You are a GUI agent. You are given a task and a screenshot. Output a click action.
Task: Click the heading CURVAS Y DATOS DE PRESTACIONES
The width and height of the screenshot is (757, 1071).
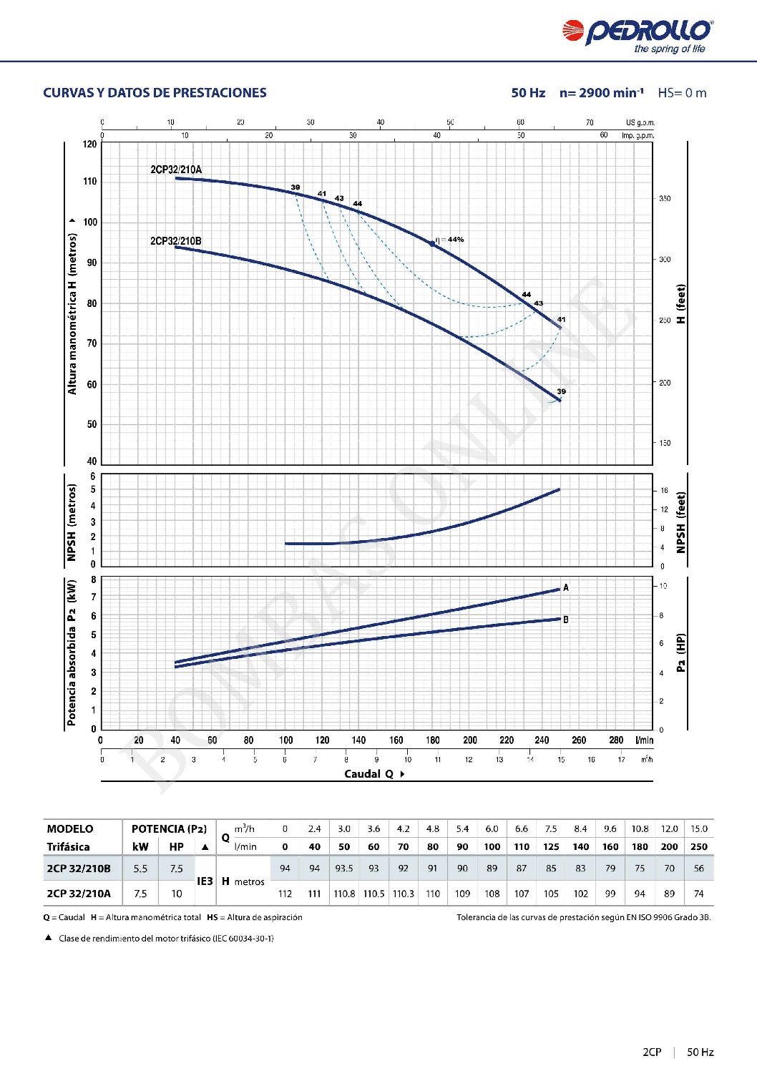click(155, 93)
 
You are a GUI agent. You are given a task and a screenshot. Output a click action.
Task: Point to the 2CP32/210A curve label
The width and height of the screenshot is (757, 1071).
click(176, 170)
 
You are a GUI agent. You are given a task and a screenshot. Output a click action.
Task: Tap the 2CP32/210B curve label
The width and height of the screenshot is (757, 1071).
click(176, 241)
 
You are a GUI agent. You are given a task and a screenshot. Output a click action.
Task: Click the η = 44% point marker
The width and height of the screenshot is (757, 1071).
click(432, 244)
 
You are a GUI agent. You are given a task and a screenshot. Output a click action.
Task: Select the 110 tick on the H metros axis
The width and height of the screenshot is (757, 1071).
click(90, 182)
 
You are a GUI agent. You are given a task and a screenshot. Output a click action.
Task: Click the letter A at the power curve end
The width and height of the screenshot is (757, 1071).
click(566, 587)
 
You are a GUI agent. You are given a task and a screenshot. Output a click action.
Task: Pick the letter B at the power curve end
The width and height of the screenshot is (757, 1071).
click(566, 620)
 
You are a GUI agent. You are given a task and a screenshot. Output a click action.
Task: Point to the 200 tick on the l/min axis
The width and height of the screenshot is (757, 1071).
click(470, 740)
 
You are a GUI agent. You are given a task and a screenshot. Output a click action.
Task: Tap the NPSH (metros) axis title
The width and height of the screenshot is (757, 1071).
click(72, 523)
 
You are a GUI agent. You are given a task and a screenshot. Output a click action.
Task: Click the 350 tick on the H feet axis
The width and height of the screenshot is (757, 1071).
click(665, 199)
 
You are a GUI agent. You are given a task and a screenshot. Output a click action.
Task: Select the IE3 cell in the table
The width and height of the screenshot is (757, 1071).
click(205, 881)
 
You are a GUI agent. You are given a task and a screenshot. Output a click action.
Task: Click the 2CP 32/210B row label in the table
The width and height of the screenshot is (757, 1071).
click(79, 869)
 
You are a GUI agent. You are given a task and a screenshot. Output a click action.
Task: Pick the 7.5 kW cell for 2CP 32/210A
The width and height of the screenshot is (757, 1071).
click(140, 894)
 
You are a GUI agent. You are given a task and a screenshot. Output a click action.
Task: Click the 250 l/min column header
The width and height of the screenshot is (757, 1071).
click(699, 847)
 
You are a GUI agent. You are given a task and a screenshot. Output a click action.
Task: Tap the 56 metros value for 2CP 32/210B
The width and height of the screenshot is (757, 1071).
click(699, 869)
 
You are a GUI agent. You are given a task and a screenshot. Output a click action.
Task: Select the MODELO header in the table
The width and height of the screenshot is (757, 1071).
click(70, 829)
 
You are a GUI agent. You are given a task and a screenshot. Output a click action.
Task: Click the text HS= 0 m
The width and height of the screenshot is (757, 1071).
click(682, 93)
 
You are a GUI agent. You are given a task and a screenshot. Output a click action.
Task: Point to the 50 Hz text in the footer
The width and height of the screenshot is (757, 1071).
click(700, 1052)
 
